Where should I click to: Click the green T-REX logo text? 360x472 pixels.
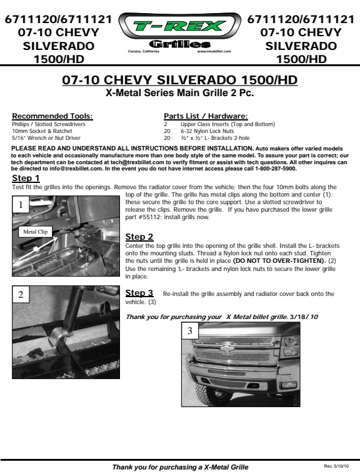pyautogui.click(x=179, y=26)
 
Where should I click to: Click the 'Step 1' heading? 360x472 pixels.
pyautogui.click(x=26, y=178)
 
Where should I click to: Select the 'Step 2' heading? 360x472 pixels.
pyautogui.click(x=139, y=237)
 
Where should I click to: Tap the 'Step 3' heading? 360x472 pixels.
pyautogui.click(x=139, y=293)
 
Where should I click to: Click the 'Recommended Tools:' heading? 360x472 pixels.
pyautogui.click(x=52, y=116)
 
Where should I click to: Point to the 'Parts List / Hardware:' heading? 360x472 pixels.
pyautogui.click(x=206, y=116)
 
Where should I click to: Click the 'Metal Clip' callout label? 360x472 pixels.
pyautogui.click(x=35, y=232)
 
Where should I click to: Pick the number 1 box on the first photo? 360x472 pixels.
pyautogui.click(x=21, y=205)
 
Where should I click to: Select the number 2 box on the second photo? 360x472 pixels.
pyautogui.click(x=21, y=295)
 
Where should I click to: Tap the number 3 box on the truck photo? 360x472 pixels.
pyautogui.click(x=190, y=331)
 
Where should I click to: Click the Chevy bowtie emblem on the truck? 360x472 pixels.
pyautogui.click(x=227, y=348)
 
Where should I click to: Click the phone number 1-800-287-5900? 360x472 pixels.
pyautogui.click(x=276, y=169)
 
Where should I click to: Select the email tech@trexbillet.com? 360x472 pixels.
pyautogui.click(x=137, y=162)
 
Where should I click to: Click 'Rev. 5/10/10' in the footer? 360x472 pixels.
pyautogui.click(x=336, y=466)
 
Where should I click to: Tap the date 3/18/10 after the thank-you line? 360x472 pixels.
pyautogui.click(x=304, y=317)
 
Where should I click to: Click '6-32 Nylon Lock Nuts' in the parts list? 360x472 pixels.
pyautogui.click(x=207, y=131)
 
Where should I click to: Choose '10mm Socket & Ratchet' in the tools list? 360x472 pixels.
pyautogui.click(x=42, y=131)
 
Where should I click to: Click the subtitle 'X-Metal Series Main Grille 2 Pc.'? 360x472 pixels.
pyautogui.click(x=179, y=92)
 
